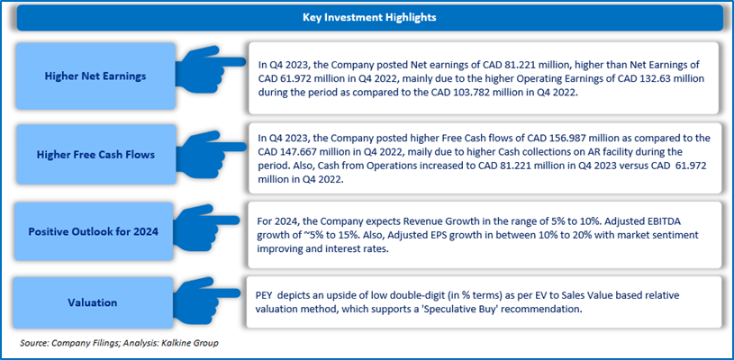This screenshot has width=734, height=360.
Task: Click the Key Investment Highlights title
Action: [367, 17]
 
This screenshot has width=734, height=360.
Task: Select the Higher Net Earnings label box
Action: [86, 76]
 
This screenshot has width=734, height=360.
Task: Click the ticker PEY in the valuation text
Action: [267, 292]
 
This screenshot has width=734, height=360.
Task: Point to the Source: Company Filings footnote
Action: [67, 343]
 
